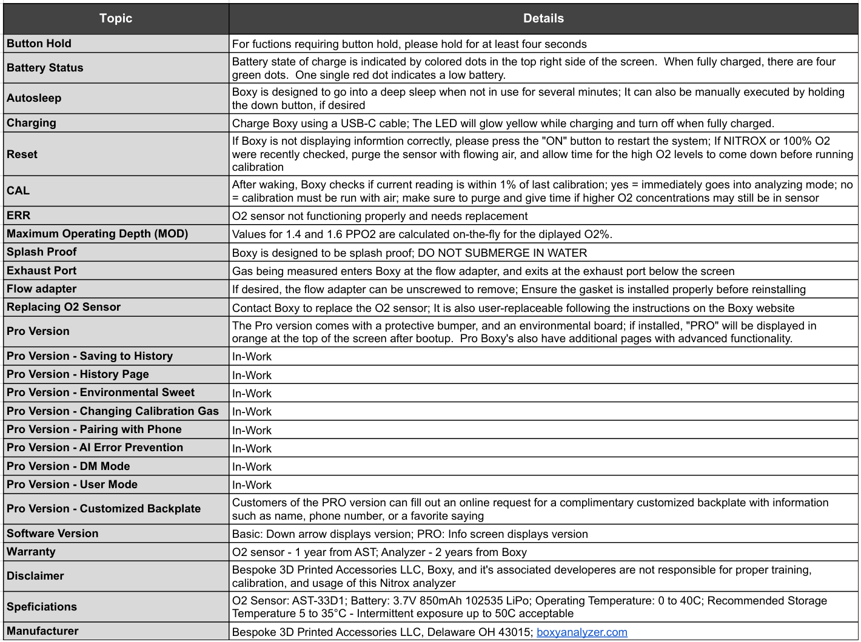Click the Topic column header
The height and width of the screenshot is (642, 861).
(116, 18)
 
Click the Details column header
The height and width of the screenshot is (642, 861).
(543, 18)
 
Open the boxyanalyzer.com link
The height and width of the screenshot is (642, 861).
(581, 632)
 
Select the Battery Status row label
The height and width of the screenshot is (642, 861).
(45, 68)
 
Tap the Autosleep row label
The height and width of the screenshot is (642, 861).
(34, 98)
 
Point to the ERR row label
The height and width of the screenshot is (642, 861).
(19, 216)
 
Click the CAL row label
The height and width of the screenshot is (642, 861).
(18, 191)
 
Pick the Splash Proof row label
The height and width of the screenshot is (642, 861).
(42, 252)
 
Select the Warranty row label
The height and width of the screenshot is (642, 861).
(31, 552)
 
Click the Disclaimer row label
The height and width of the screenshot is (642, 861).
(35, 576)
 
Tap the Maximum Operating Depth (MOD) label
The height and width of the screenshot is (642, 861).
(98, 234)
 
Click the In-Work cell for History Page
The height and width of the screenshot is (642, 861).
(252, 376)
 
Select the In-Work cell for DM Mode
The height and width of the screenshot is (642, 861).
(252, 467)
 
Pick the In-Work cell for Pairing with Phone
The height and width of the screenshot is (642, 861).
(252, 431)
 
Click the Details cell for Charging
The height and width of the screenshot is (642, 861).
(503, 124)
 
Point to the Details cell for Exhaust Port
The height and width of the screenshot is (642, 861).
(483, 271)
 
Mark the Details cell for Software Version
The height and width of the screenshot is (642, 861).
(410, 534)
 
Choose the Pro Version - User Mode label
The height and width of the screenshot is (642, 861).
(72, 485)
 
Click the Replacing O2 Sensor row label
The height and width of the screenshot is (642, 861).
(64, 307)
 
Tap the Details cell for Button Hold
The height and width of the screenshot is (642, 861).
(409, 44)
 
